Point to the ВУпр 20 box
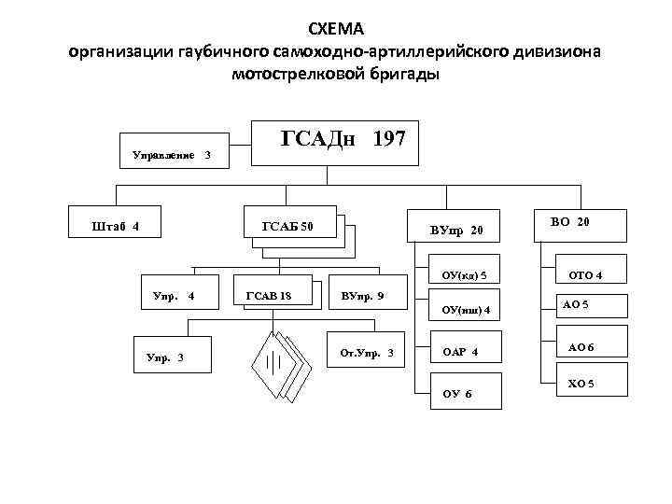coord(457,229)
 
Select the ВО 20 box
coord(570,222)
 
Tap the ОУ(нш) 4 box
coord(465,309)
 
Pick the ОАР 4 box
coord(465,352)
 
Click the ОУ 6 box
coord(464,393)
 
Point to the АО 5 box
coord(578,305)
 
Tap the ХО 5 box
coord(581,384)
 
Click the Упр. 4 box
coord(173,297)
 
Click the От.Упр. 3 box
coord(368,352)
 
